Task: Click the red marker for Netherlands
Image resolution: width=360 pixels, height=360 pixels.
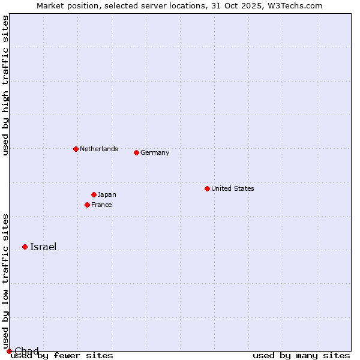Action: point(76,149)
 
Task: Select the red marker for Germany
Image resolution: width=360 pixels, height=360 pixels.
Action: point(136,152)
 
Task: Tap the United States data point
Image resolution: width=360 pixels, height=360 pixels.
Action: point(207,188)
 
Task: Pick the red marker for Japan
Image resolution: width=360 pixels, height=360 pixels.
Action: point(94,194)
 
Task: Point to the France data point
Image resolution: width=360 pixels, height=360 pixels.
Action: point(87,205)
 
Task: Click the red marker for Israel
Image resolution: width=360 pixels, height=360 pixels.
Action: point(25,247)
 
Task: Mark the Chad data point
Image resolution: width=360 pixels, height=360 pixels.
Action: point(9,351)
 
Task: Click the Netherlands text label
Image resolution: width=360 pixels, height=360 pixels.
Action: point(99,149)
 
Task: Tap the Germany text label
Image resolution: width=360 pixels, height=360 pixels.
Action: point(155,152)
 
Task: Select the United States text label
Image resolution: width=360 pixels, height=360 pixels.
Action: point(233,188)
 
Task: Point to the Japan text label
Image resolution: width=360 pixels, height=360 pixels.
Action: point(107,194)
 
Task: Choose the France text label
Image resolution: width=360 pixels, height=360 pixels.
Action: point(101,205)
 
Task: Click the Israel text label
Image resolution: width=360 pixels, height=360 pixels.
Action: point(43,247)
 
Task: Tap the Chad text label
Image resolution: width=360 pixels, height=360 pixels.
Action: point(26,351)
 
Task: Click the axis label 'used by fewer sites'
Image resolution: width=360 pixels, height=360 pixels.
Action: point(62,356)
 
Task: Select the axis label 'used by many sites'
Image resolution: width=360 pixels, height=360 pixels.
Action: point(301,356)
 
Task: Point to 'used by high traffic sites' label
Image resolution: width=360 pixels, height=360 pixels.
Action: point(6,85)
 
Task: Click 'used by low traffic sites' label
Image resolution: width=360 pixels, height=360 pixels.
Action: point(6,281)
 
